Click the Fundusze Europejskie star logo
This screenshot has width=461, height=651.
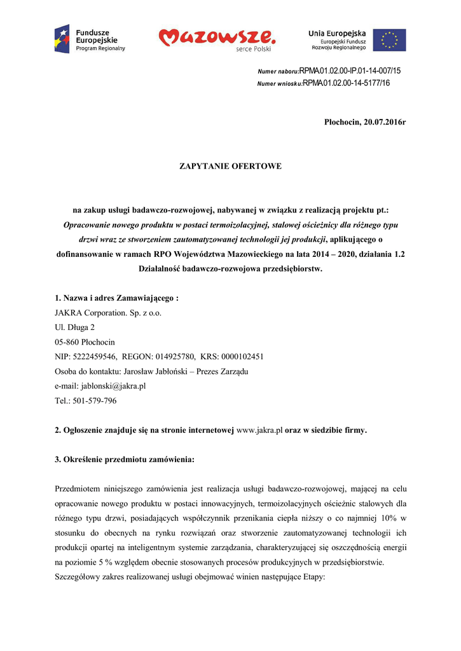tap(62, 39)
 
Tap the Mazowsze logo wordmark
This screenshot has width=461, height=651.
tap(217, 38)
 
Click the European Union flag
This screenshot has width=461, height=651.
tap(389, 39)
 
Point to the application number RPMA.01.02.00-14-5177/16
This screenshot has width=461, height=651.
tap(346, 83)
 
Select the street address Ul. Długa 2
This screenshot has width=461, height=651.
tap(75, 327)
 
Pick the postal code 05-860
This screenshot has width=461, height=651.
tap(67, 342)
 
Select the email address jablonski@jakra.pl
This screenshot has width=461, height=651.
tap(113, 386)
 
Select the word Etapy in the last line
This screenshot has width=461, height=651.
tap(312, 577)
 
